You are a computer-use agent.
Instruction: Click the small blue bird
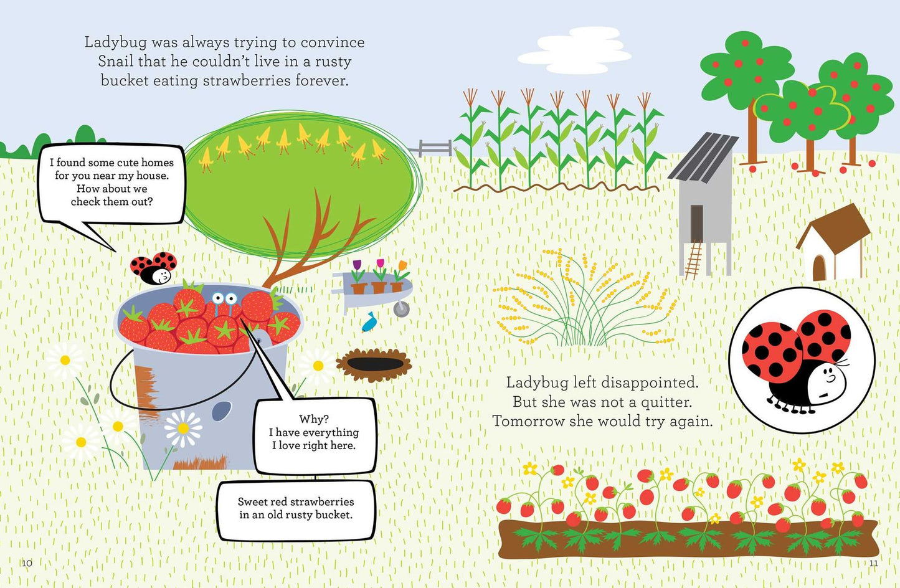coord(368,322)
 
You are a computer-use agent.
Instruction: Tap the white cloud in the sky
coord(574,50)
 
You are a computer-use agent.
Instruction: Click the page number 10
coord(27,563)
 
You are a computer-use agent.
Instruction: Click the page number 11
coord(873,563)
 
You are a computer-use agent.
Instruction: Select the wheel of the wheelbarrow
coord(401,309)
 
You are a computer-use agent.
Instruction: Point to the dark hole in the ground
coord(375,364)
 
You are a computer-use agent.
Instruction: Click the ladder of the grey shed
coord(693,260)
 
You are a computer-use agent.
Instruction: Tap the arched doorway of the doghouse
coord(819,267)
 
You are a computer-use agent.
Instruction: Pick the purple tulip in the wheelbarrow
coord(357,265)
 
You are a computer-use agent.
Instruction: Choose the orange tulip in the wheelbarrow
coord(402,266)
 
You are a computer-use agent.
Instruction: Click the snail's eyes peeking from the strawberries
coord(225,298)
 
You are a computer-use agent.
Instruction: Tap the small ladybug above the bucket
coord(154,268)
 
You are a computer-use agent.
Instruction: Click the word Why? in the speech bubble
coord(314,419)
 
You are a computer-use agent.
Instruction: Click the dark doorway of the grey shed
coord(697,224)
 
